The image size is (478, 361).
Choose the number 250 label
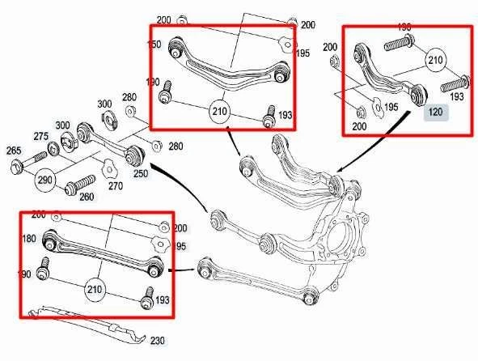tap(141, 174)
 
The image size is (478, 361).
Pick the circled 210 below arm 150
tap(219, 110)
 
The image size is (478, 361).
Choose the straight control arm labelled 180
tap(101, 252)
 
